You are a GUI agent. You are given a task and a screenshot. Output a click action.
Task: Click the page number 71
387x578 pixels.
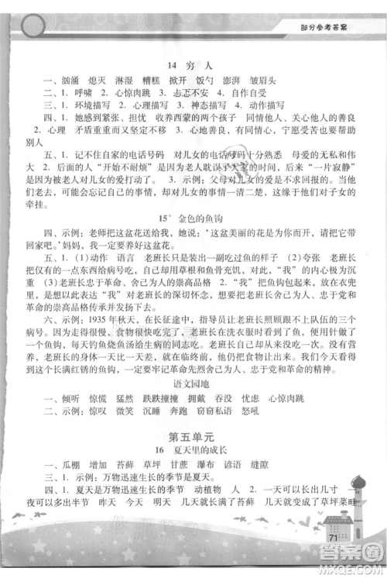(334, 538)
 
